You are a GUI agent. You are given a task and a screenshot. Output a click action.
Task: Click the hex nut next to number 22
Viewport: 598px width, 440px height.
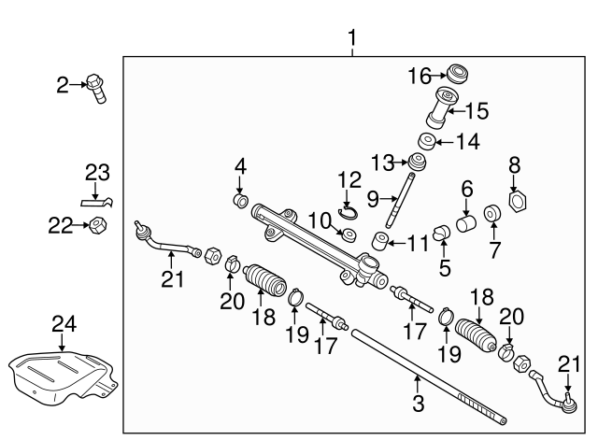[95, 225]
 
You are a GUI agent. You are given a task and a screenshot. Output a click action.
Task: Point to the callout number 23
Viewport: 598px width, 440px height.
[97, 173]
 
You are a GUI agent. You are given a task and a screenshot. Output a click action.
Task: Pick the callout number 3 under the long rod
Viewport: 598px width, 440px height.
[418, 405]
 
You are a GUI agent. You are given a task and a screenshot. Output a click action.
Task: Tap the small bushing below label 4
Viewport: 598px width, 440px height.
[240, 201]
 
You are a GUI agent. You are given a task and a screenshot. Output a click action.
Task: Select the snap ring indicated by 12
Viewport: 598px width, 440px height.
[348, 213]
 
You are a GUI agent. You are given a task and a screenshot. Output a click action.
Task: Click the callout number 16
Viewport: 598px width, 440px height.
[420, 74]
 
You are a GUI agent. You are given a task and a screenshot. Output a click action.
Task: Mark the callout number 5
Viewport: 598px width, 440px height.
[445, 267]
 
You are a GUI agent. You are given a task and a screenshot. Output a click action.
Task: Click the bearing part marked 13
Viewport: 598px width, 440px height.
[418, 165]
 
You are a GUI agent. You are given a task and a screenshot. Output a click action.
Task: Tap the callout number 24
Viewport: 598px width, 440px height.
[64, 324]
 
